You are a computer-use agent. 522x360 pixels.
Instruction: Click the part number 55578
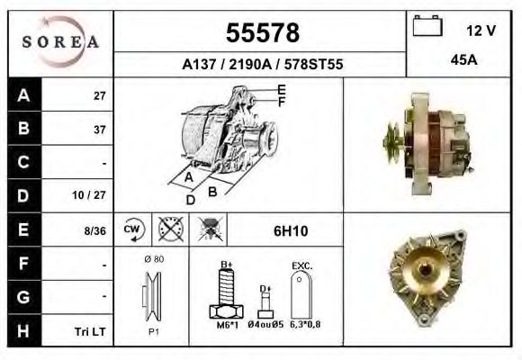click(261, 33)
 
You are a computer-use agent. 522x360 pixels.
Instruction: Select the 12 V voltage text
click(481, 30)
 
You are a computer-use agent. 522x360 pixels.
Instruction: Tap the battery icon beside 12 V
click(427, 28)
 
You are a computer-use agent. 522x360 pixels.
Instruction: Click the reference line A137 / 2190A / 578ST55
click(261, 65)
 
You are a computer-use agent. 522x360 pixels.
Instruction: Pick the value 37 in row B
click(100, 129)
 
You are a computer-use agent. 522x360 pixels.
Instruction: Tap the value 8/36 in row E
click(94, 230)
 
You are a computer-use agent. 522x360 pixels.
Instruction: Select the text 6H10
click(290, 231)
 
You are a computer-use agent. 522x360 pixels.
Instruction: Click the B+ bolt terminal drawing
click(226, 292)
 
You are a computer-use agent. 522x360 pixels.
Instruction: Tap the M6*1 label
click(225, 325)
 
